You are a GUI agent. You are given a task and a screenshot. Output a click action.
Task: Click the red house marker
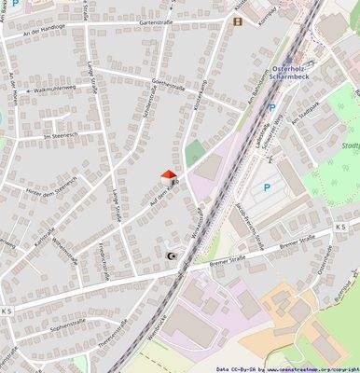[169, 173]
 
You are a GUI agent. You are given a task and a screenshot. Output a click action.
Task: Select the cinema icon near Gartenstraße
[237, 21]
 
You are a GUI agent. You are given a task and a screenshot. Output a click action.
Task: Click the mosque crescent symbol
[170, 256]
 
